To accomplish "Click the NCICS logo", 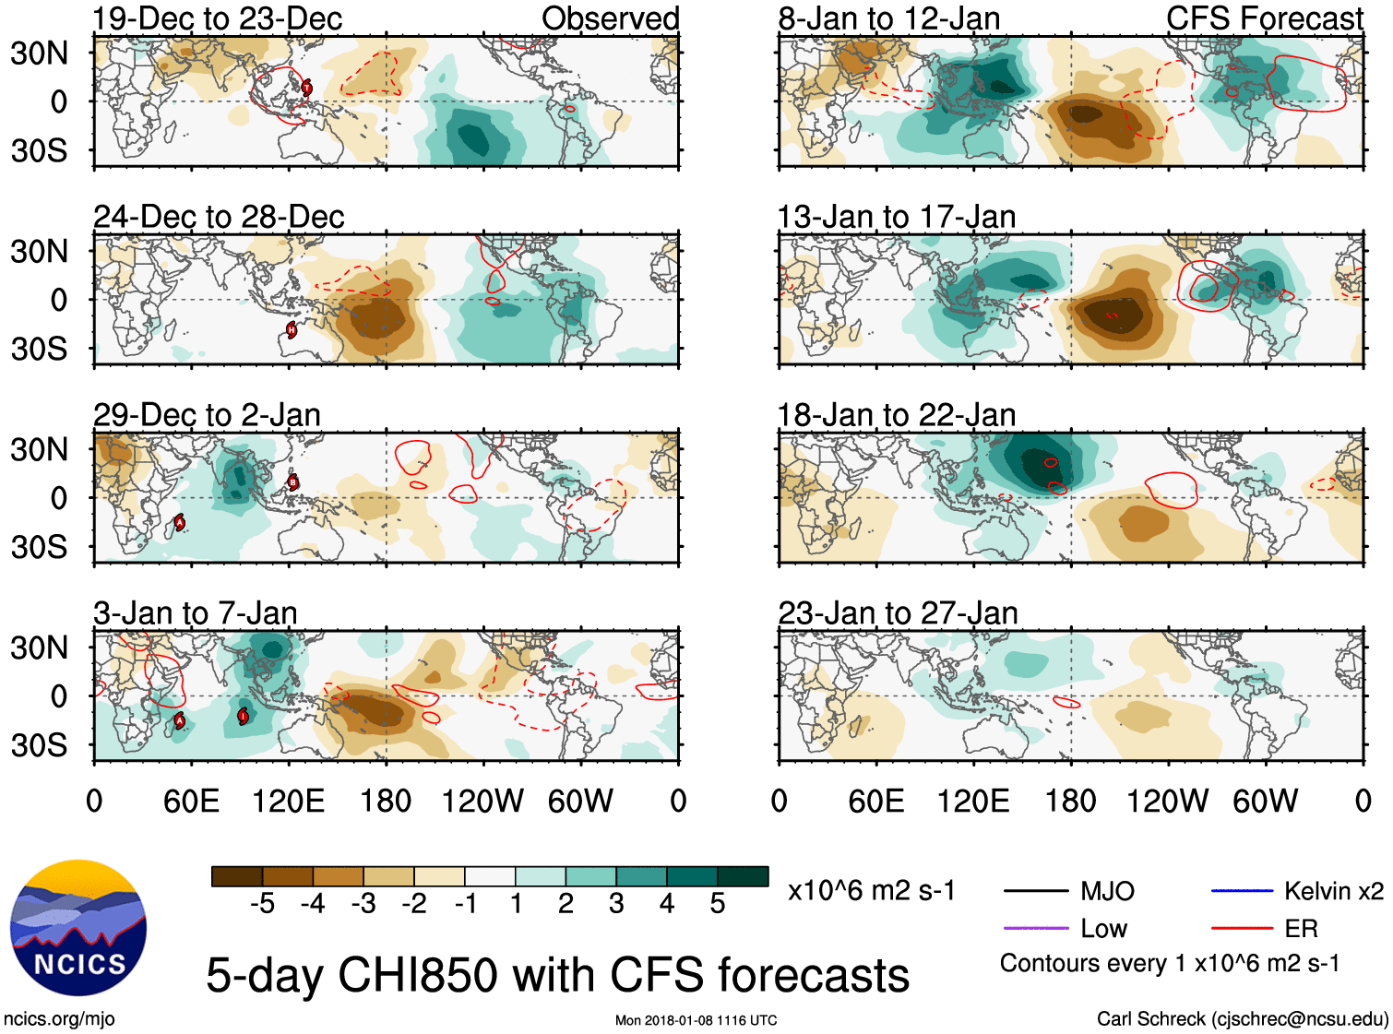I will point(78,928).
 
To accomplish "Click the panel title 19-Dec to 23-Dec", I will point(218,18).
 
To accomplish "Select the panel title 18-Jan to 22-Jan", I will point(897,415).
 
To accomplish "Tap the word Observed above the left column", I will point(610,18).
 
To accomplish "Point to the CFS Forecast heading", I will point(1264,18).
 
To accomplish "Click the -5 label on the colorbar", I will point(262,904).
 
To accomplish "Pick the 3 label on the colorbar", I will point(616,904).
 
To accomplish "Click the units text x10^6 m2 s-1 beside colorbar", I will point(872,891).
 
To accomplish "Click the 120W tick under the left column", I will point(482,801).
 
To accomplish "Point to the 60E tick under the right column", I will point(875,801).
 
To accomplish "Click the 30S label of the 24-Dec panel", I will point(39,349).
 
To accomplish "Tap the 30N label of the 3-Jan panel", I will point(39,648).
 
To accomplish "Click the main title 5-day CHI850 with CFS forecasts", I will point(557,976).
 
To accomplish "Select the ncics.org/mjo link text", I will point(59,1019).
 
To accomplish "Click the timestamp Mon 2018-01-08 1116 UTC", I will point(696,1020).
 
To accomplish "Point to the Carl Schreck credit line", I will point(1242,1019).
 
